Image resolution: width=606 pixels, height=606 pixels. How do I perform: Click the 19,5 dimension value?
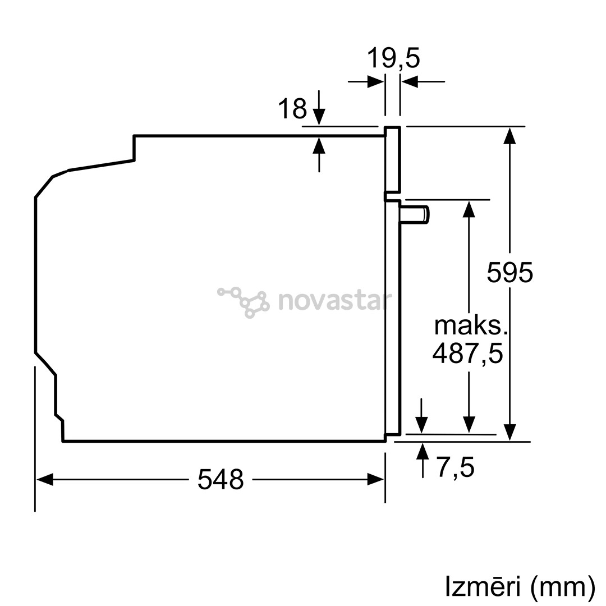(393, 58)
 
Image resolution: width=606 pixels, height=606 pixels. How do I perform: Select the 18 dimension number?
(292, 109)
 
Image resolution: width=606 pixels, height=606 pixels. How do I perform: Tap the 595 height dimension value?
(509, 272)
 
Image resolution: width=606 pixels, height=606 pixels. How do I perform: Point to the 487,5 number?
(467, 353)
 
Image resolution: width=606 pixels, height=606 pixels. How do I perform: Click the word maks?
(467, 326)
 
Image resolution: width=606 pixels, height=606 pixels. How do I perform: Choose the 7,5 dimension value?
(455, 467)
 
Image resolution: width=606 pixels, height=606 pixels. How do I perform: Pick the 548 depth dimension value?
(221, 480)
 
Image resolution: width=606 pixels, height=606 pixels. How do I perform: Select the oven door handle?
(415, 215)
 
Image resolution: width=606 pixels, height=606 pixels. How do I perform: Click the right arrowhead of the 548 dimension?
(375, 479)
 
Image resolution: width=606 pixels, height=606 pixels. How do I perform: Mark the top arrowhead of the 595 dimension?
(509, 136)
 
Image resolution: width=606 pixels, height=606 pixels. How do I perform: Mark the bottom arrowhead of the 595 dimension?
(509, 432)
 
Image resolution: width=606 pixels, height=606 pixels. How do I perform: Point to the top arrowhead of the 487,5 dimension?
(469, 209)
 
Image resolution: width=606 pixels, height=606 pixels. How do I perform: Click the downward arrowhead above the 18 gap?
(319, 117)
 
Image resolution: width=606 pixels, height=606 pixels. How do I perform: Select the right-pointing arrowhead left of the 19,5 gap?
(375, 82)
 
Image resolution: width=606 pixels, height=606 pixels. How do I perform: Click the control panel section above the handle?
(392, 159)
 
